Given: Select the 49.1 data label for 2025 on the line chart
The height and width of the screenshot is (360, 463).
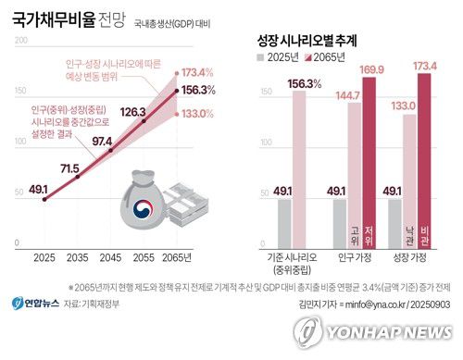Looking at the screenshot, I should point(39,189).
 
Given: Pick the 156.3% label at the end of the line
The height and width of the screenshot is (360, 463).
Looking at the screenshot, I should point(199,90).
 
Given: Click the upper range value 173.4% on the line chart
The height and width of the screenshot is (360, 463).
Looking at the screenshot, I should point(199,71).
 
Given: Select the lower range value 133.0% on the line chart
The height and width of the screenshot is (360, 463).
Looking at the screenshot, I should point(199,114).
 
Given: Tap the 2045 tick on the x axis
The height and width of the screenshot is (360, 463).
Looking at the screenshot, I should point(110,255).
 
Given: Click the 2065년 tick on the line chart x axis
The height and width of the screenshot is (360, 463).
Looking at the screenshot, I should point(175,255).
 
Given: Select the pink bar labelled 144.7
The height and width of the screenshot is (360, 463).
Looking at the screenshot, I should point(356,176).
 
